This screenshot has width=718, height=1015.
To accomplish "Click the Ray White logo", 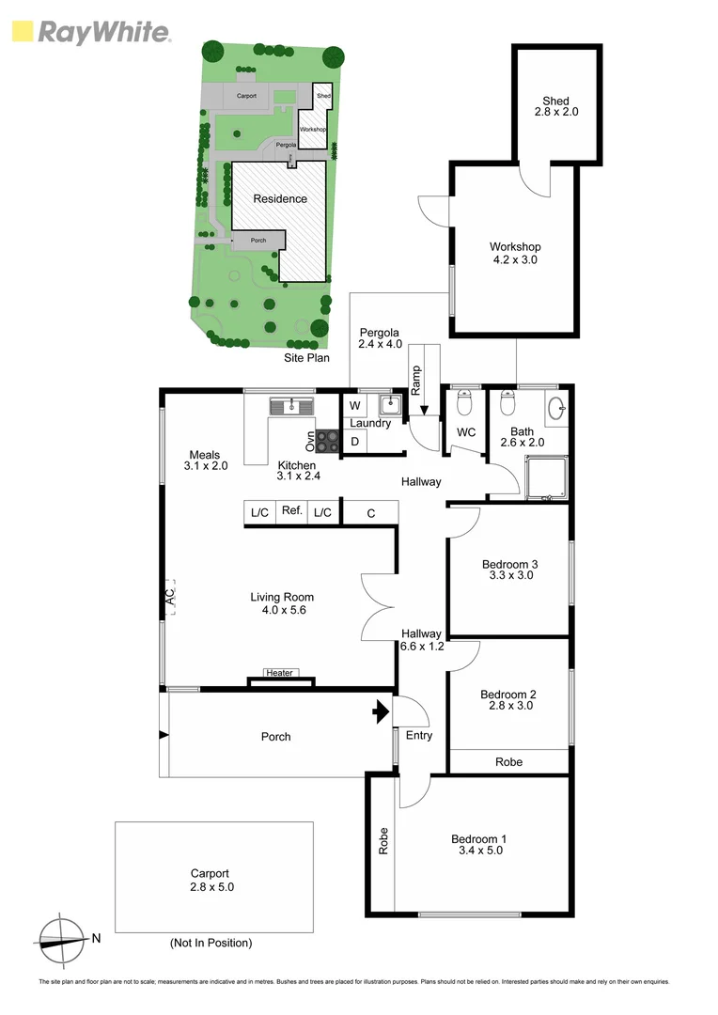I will pos(91,33).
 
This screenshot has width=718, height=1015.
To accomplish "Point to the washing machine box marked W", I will pos(355,406).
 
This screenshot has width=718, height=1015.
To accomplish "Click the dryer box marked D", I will pos(355,442).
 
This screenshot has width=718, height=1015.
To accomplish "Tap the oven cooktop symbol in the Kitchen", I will pos(327,437).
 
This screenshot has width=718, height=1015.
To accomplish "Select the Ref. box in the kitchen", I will pos(292,511).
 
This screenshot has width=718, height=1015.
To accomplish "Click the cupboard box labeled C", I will pos(370,512).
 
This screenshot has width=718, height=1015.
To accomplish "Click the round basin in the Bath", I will pos(556,407).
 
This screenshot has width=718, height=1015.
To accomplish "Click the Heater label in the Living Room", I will pos(279,673).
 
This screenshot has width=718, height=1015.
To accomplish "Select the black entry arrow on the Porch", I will pos(381,711).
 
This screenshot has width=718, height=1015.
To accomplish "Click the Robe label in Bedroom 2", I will pos(508,762).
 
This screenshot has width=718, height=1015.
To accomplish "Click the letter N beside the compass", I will pos(96,937).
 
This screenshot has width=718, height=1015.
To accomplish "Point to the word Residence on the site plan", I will pos(279,198).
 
